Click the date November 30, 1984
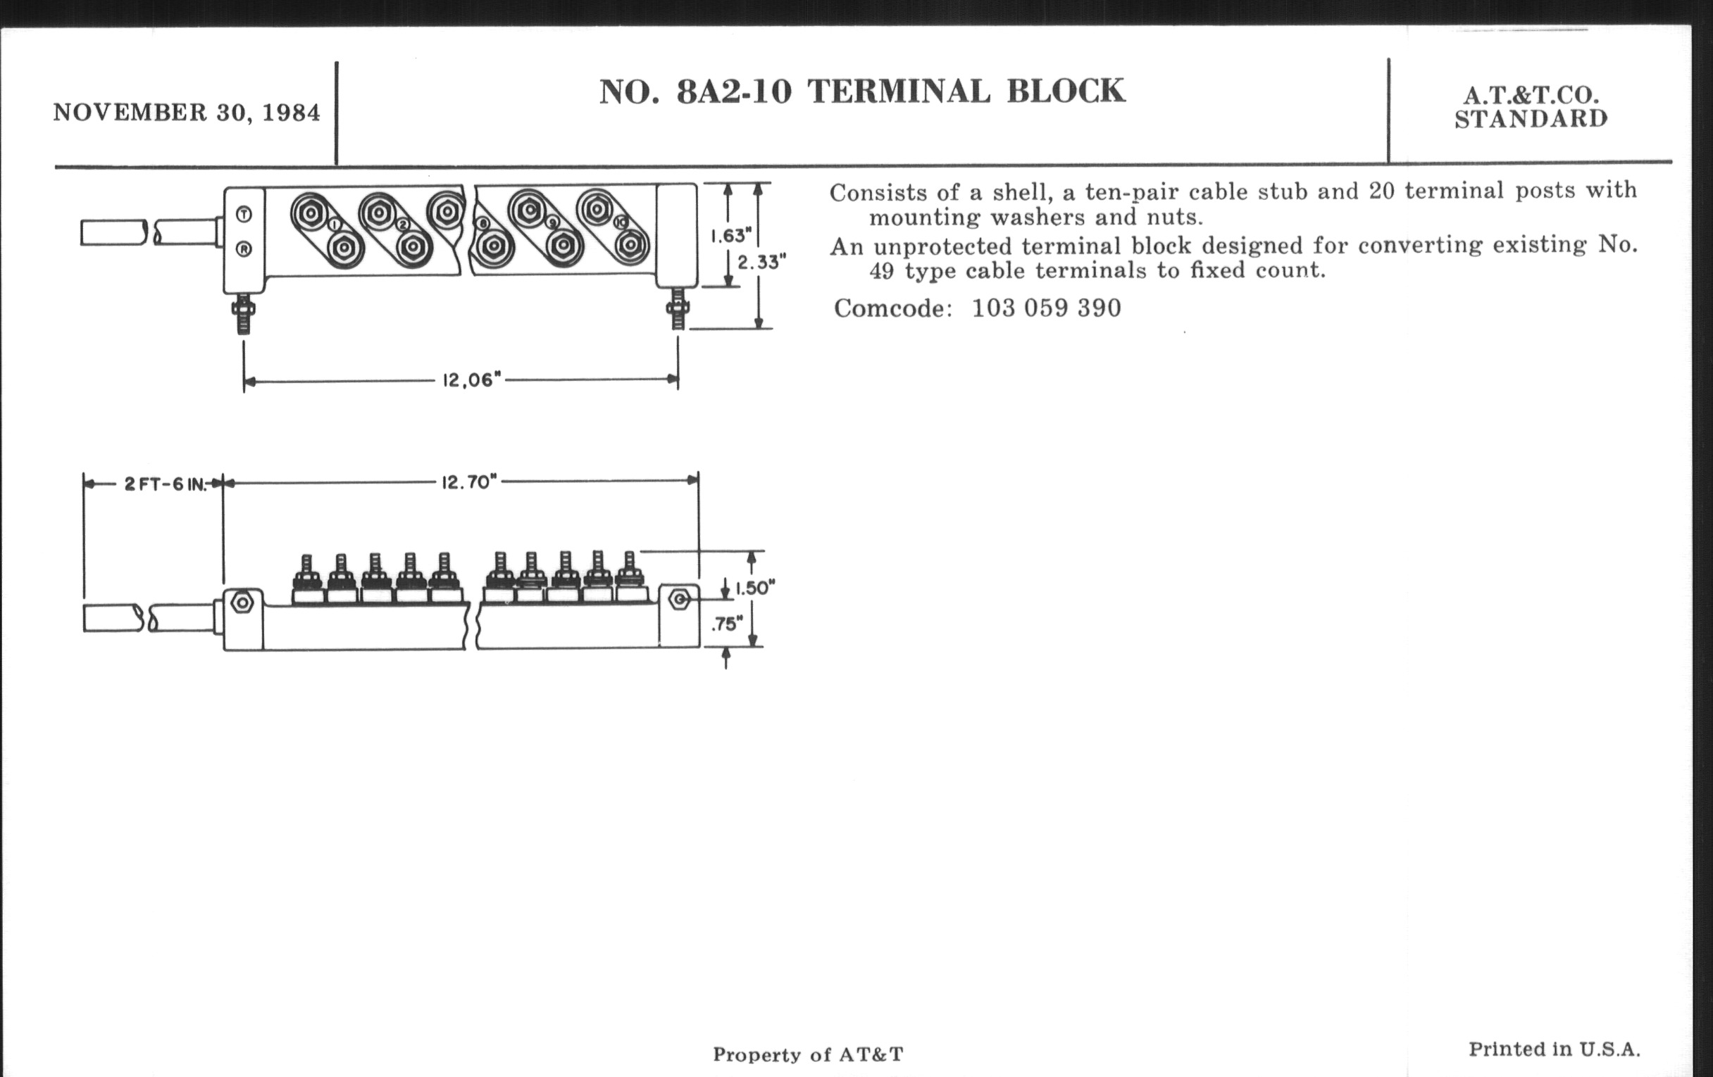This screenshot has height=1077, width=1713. coord(187,113)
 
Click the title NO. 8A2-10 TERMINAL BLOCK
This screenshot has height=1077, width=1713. coord(861,92)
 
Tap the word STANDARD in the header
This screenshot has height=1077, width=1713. coord(1531,120)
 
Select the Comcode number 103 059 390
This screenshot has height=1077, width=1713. coord(1046,308)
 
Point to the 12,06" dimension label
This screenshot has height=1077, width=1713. coord(472,380)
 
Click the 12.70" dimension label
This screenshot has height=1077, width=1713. coord(469,483)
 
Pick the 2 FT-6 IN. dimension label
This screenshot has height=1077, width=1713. coord(165,485)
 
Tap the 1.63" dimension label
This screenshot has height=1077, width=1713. coord(731,235)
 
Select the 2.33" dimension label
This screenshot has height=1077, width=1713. coord(761,263)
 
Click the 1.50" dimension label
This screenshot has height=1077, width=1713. coord(755,588)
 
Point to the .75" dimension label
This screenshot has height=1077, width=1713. coord(727,624)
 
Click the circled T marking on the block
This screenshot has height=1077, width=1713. coord(244,214)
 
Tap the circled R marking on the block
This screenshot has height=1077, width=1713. coord(244,249)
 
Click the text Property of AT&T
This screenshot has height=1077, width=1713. coord(808,1054)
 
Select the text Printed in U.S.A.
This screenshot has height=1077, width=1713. coord(1555,1050)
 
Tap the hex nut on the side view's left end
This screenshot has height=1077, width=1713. coord(242,603)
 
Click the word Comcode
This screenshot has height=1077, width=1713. coord(892,308)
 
